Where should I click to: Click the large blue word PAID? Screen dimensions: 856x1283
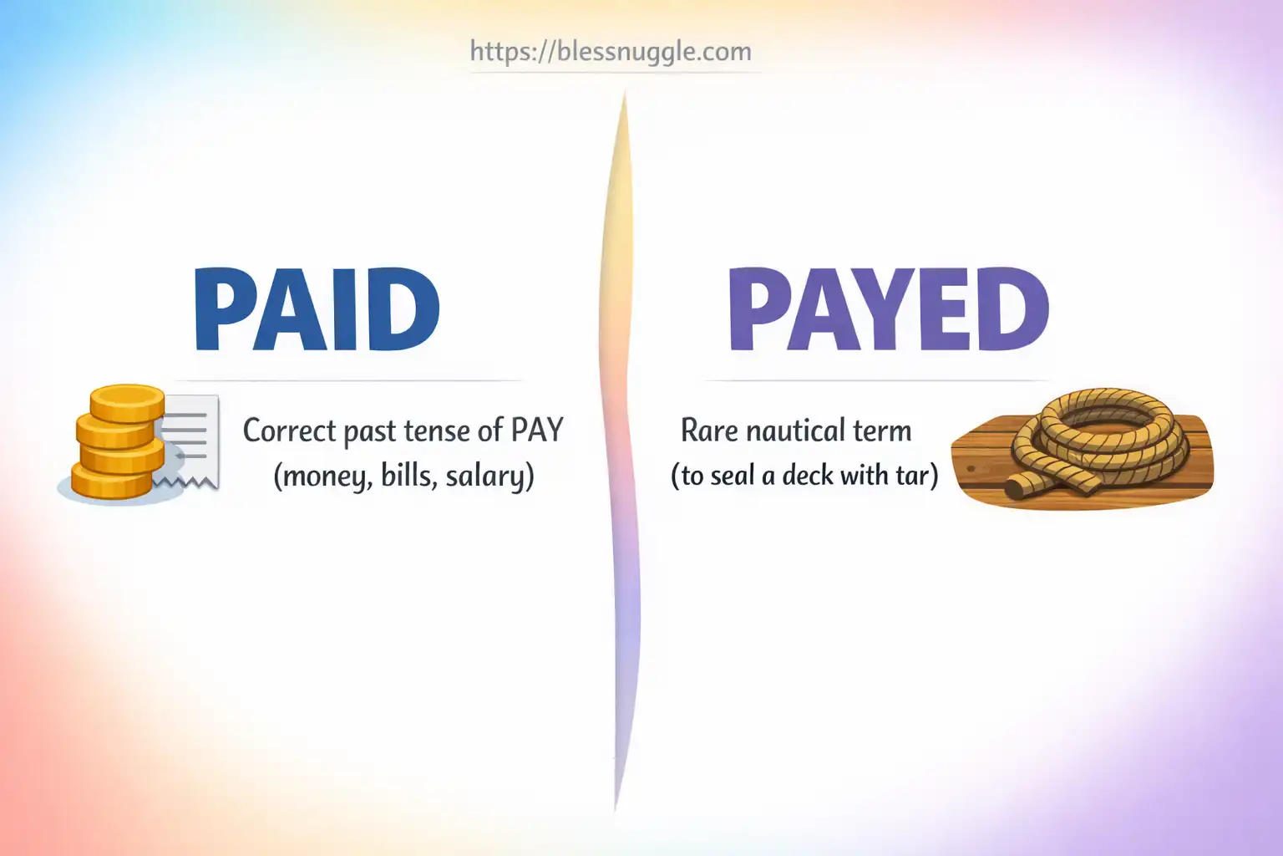pos(317,310)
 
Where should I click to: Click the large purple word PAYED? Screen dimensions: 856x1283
pos(888,310)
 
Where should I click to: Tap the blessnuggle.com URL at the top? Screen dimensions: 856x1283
pos(611,51)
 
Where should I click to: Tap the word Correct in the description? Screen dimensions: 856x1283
pos(289,431)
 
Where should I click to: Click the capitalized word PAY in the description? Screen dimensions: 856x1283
pos(537,431)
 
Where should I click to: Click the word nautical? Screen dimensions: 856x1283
pos(796,431)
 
